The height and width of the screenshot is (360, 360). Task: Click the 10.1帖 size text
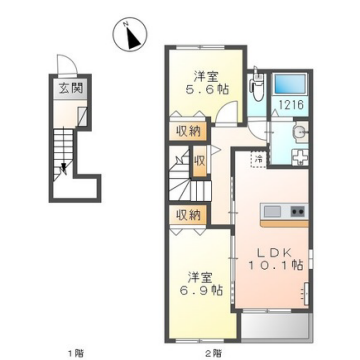pyautogui.click(x=271, y=269)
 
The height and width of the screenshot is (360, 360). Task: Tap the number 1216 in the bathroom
pyautogui.click(x=290, y=103)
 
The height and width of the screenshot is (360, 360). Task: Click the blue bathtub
pyautogui.click(x=290, y=84)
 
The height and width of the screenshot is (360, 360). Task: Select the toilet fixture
pyautogui.click(x=258, y=88)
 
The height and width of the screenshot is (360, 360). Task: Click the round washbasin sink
pyautogui.click(x=299, y=133)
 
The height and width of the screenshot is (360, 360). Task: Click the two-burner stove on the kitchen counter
pyautogui.click(x=297, y=211)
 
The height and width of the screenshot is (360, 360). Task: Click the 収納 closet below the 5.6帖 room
pyautogui.click(x=188, y=130)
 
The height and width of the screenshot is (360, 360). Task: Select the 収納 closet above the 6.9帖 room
pyautogui.click(x=189, y=215)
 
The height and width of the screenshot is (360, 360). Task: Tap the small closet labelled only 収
pyautogui.click(x=200, y=160)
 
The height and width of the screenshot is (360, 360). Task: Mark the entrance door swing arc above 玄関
pyautogui.click(x=66, y=66)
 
